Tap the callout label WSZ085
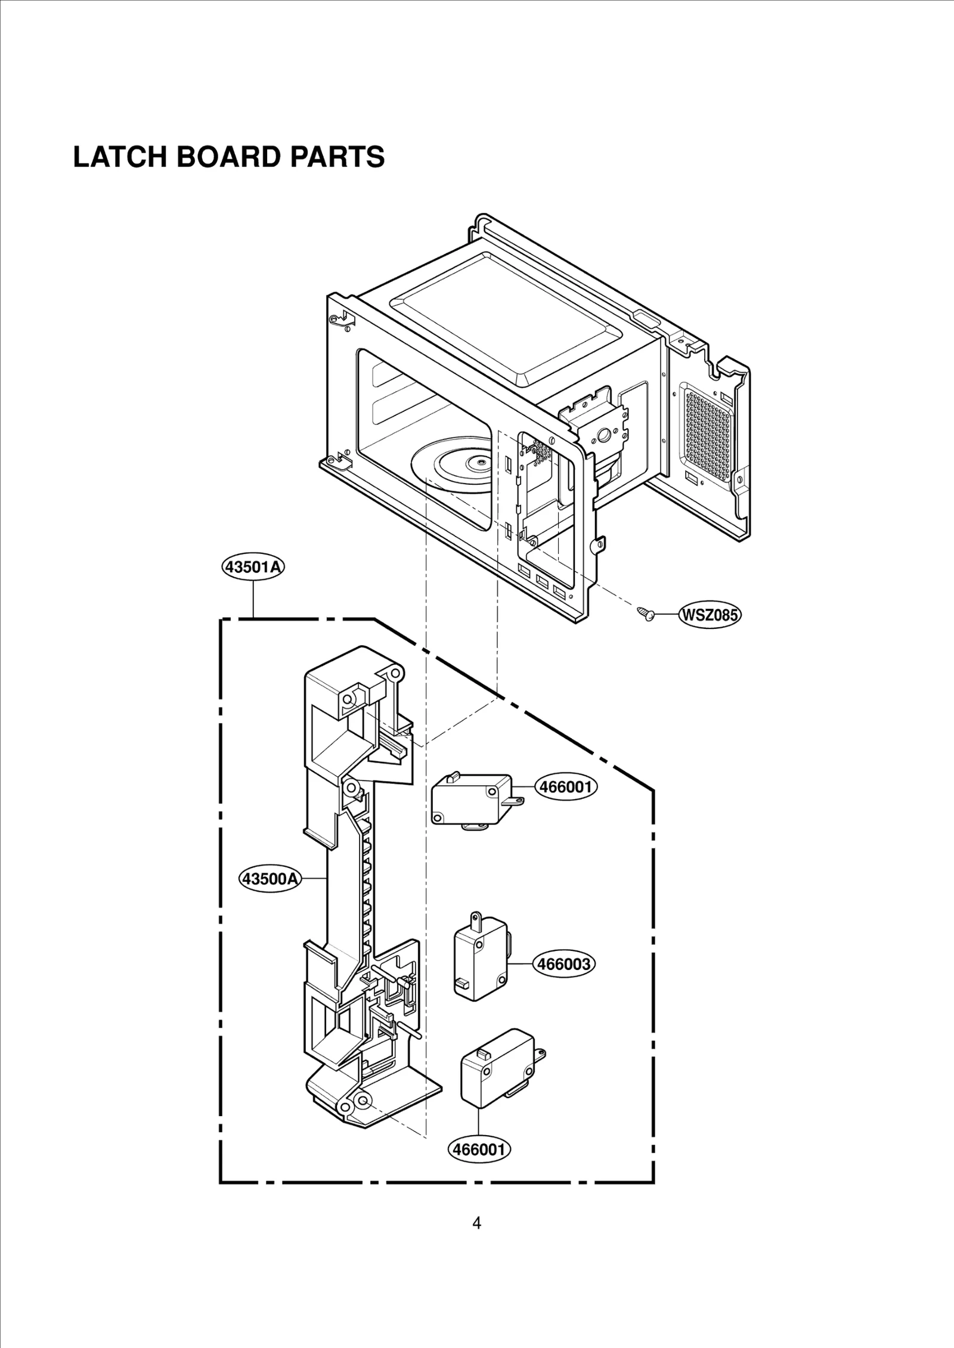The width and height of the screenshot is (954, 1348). point(710,615)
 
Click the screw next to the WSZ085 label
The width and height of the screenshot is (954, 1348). point(645,613)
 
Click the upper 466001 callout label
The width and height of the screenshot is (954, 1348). point(566,787)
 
